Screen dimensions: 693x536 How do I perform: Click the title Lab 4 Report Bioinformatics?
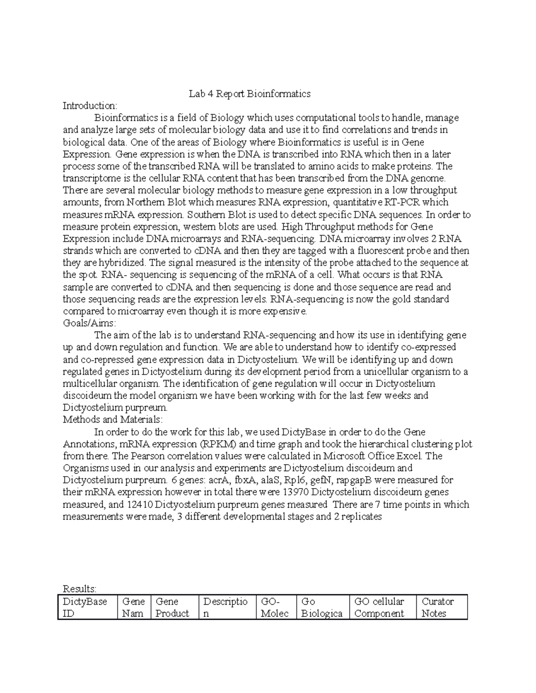coord(249,94)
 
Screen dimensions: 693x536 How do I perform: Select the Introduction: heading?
coord(90,106)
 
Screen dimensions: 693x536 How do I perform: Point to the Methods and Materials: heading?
coord(113,419)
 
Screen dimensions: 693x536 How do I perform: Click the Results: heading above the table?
coord(80,589)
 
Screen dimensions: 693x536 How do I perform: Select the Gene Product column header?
coord(172,607)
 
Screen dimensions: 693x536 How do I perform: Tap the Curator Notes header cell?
coord(438,607)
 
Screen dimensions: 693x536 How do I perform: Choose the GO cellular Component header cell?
coord(379,607)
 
